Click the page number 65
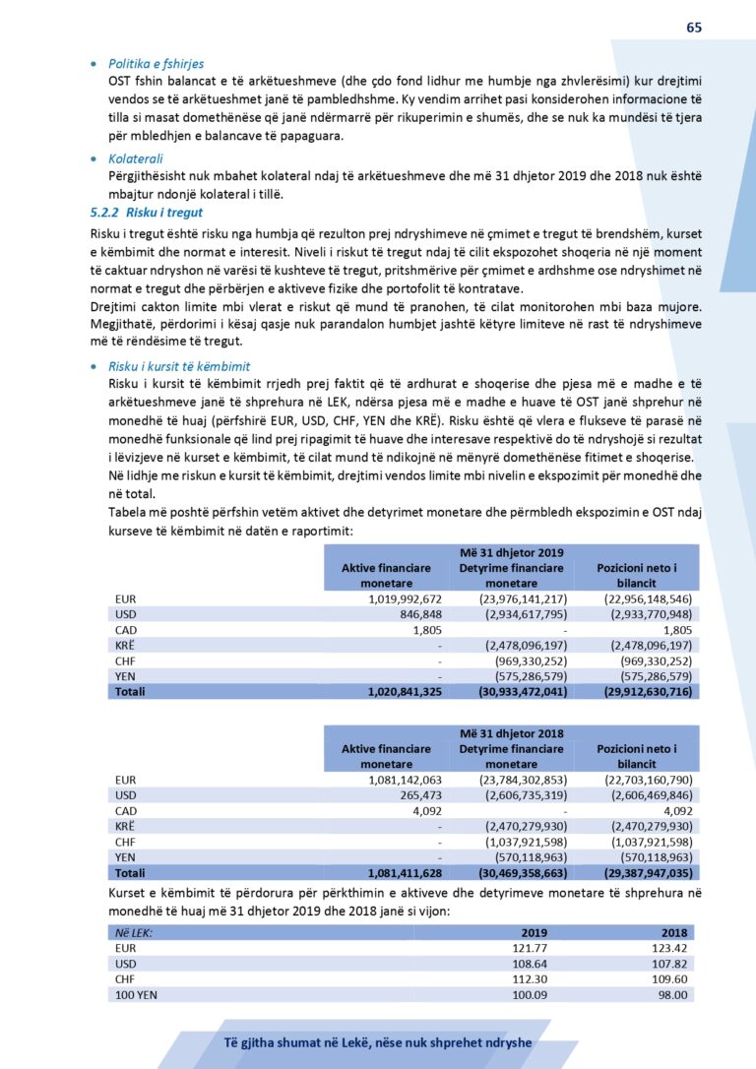694,28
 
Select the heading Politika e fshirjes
157,64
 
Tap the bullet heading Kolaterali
136,158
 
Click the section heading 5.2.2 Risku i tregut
147,213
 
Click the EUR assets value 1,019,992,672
405,597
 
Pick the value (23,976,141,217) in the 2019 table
511,597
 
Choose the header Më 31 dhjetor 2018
511,733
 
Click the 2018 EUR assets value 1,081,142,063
405,780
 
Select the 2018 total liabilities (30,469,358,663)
511,872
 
